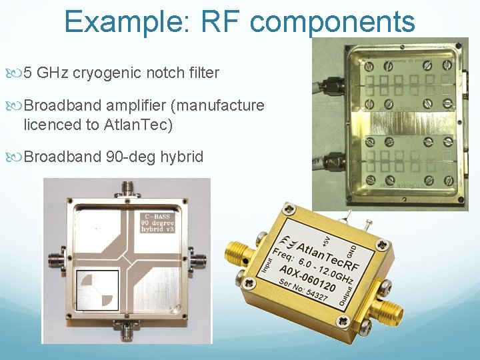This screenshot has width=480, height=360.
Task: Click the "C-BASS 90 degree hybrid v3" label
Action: [x=161, y=223]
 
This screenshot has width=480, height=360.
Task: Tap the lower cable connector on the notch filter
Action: [x=333, y=160]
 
